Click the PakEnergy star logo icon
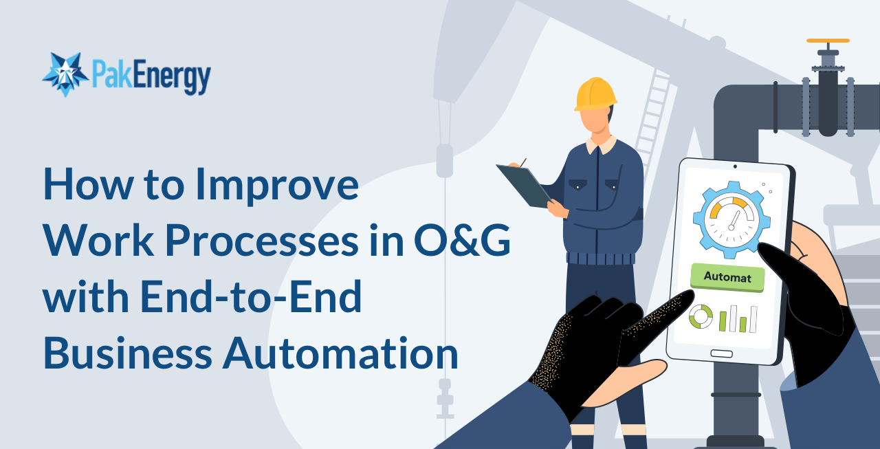(65, 74)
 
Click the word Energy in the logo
(171, 78)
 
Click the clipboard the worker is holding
(523, 184)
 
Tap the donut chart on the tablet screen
(701, 317)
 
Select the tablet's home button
(721, 353)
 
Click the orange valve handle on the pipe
(828, 41)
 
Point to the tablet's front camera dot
(735, 166)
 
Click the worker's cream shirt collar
(600, 144)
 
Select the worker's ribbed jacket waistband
(601, 259)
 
